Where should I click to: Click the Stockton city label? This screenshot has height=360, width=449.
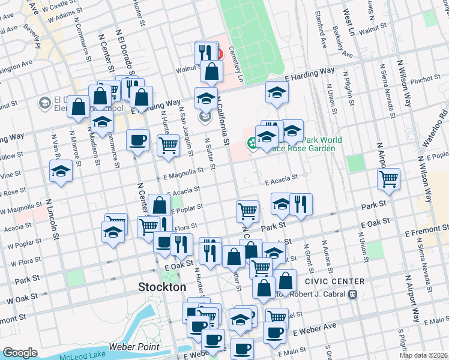coord(162,287)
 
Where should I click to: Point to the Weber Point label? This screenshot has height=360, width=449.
coord(134,347)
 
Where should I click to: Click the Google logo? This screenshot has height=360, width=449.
coord(20,353)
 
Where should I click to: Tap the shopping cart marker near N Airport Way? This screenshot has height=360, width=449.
coord(389,178)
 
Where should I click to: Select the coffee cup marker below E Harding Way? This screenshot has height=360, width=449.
coord(137,140)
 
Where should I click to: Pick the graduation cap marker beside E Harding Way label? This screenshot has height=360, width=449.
coord(277,92)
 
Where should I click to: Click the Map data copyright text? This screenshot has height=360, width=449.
coord(423,355)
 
